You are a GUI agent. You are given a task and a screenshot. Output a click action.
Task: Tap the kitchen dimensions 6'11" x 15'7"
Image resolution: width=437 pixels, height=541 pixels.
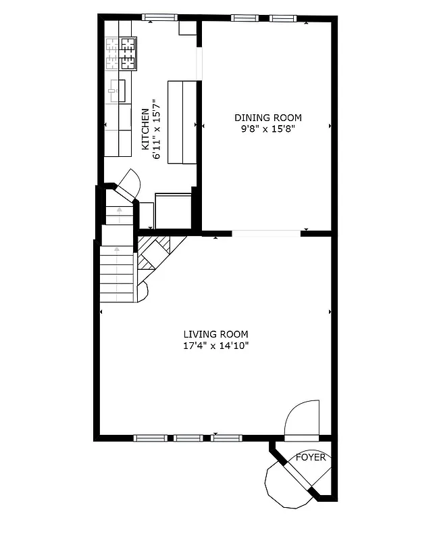pos(157,129)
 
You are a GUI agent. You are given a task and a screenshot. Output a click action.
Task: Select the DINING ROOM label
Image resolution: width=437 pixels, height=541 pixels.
pos(268,118)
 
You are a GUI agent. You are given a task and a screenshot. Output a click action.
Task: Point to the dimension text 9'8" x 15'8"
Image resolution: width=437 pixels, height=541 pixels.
pos(268,128)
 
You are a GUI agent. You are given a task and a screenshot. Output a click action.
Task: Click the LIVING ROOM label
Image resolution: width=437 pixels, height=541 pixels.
pos(215,334)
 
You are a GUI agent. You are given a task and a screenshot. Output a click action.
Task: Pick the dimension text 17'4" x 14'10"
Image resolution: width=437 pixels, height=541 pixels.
pos(215,345)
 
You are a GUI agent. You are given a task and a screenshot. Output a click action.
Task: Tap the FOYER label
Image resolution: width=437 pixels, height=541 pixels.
pos(311,458)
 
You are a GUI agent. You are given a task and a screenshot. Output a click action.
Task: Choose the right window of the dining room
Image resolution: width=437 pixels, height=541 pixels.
pos(282,18)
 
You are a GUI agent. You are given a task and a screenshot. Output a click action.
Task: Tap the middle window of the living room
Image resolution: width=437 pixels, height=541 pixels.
pos(188,438)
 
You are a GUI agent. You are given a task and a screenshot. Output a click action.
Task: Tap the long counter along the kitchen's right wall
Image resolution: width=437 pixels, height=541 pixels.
pos(182,122)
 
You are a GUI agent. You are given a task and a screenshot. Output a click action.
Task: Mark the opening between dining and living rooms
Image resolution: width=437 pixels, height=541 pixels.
pos(266,233)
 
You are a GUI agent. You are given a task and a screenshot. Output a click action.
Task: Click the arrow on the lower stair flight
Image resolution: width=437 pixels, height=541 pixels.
pos(117,270)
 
